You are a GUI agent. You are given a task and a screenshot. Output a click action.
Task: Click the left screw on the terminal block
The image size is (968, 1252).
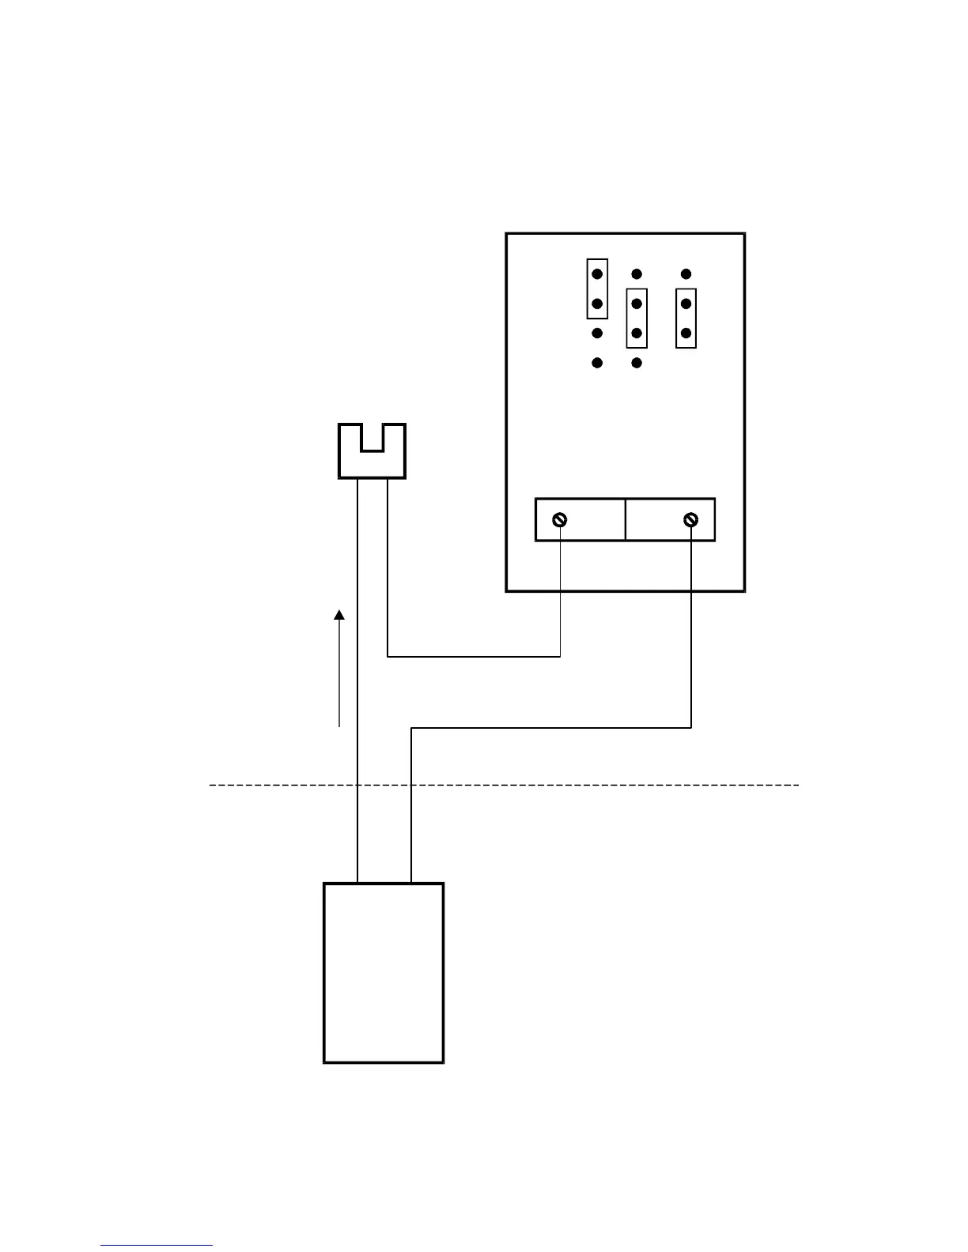[x=560, y=519]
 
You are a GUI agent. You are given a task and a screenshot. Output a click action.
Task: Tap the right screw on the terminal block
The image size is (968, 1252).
[x=691, y=519]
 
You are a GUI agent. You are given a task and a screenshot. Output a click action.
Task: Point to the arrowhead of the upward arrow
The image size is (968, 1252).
[x=339, y=615]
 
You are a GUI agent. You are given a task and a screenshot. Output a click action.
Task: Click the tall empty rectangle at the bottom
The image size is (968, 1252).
[x=384, y=972]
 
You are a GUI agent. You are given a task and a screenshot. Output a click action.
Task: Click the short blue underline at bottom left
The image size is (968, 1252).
[x=157, y=1245]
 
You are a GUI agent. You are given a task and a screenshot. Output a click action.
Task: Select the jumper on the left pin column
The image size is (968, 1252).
[x=597, y=288]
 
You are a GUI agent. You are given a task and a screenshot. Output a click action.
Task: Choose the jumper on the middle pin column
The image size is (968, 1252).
[x=637, y=319]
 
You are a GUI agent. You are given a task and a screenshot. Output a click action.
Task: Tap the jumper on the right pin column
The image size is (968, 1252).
[x=686, y=319]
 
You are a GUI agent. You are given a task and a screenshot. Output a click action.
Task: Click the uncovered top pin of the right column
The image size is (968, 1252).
[x=686, y=274]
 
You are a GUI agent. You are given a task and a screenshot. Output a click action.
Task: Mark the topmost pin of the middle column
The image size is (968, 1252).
[x=637, y=274]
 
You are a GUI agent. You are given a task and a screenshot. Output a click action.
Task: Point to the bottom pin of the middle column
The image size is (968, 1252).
[x=637, y=363]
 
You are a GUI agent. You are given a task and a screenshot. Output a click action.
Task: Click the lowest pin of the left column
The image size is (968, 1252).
[x=597, y=363]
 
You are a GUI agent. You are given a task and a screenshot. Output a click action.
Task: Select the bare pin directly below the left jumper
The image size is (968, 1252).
[x=597, y=334]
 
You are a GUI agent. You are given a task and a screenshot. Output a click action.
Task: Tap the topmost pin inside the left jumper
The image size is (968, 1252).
[x=597, y=274]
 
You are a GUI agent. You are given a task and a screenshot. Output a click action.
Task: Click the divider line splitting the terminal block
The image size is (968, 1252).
[x=626, y=519]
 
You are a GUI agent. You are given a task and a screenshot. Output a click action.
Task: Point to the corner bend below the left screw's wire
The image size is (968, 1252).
[x=560, y=656]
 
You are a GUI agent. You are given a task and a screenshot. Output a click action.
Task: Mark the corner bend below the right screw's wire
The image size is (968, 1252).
[x=691, y=727]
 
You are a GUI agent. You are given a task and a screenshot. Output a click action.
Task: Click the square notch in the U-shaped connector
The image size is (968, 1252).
[x=372, y=437]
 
